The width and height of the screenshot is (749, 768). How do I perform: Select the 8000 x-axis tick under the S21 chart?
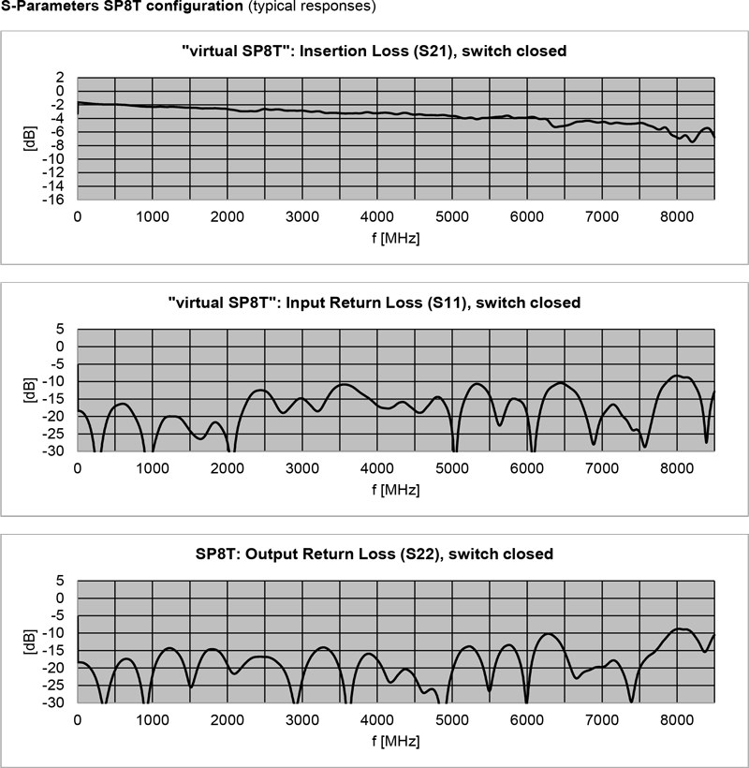pyautogui.click(x=676, y=216)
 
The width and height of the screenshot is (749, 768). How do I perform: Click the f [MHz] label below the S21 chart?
pyautogui.click(x=393, y=237)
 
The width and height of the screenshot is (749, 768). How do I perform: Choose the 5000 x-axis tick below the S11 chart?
pyautogui.click(x=451, y=468)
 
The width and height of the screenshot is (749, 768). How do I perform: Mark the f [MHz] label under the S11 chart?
pyautogui.click(x=393, y=489)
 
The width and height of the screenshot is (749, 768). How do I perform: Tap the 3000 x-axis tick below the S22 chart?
pyautogui.click(x=301, y=719)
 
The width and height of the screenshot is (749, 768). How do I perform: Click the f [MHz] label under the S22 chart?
pyautogui.click(x=393, y=740)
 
